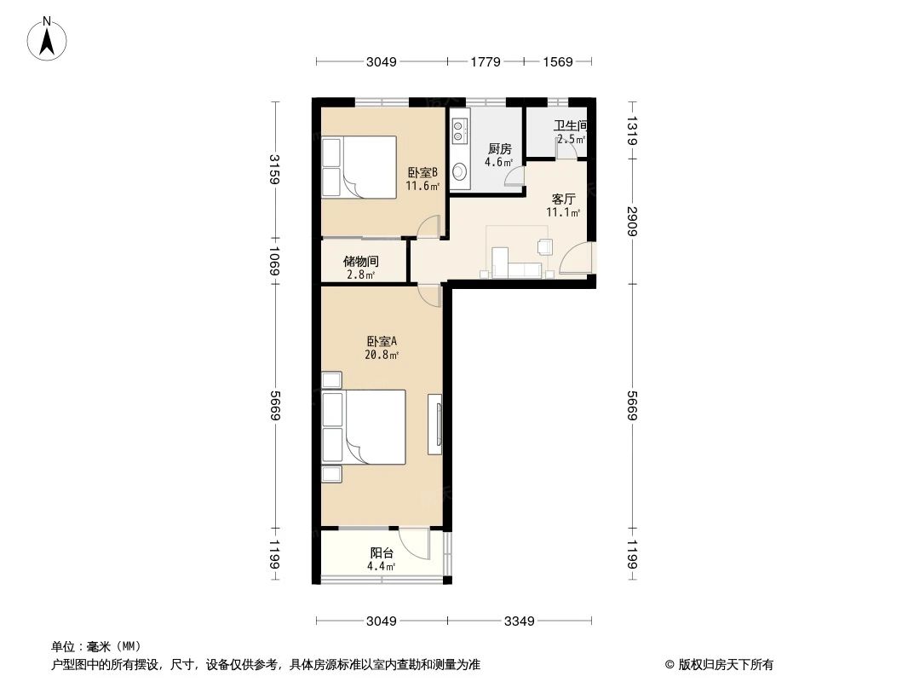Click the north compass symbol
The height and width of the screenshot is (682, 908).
point(49,38)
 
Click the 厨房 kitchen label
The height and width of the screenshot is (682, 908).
point(499,149)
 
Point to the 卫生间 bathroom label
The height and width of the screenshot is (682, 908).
point(570,126)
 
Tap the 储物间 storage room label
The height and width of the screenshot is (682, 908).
point(360,262)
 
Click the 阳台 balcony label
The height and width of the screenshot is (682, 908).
point(382,552)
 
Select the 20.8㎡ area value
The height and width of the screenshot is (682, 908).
point(382,355)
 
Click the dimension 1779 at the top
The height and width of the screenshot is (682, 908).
point(486,61)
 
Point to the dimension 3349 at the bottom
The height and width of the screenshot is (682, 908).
point(518,621)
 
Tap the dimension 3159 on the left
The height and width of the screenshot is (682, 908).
point(273,169)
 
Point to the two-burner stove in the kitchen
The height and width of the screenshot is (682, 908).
point(459,130)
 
